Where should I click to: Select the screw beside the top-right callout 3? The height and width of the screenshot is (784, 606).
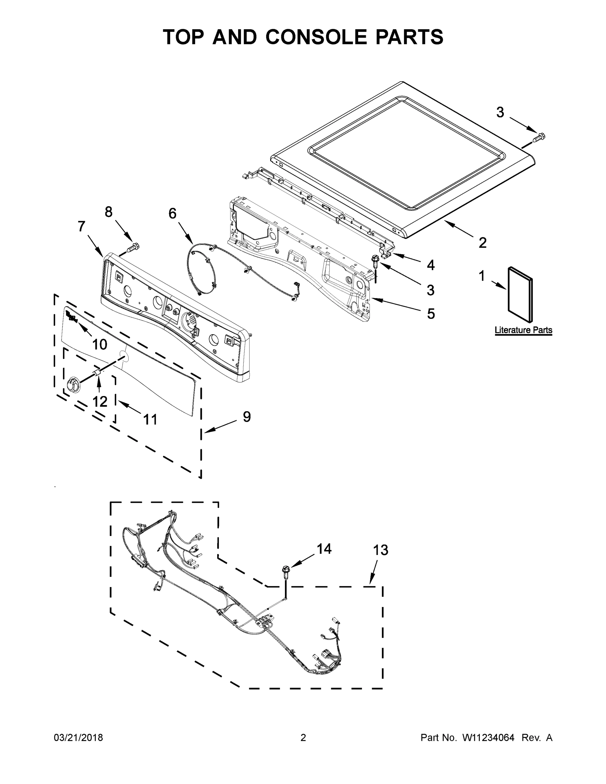(538, 137)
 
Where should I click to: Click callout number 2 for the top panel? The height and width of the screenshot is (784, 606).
(483, 243)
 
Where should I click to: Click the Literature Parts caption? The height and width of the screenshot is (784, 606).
(523, 330)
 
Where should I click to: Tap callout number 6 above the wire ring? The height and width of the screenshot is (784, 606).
(172, 213)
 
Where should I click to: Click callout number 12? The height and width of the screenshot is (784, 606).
(100, 401)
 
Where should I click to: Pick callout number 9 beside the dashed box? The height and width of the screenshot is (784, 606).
(247, 416)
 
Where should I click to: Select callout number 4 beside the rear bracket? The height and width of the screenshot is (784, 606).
(431, 265)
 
